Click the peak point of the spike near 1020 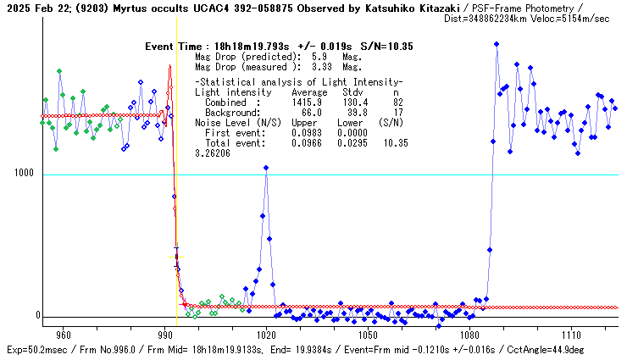click(266, 168)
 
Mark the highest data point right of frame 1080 click(497, 44)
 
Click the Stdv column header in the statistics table click(352, 91)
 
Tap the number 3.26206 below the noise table click(213, 153)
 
